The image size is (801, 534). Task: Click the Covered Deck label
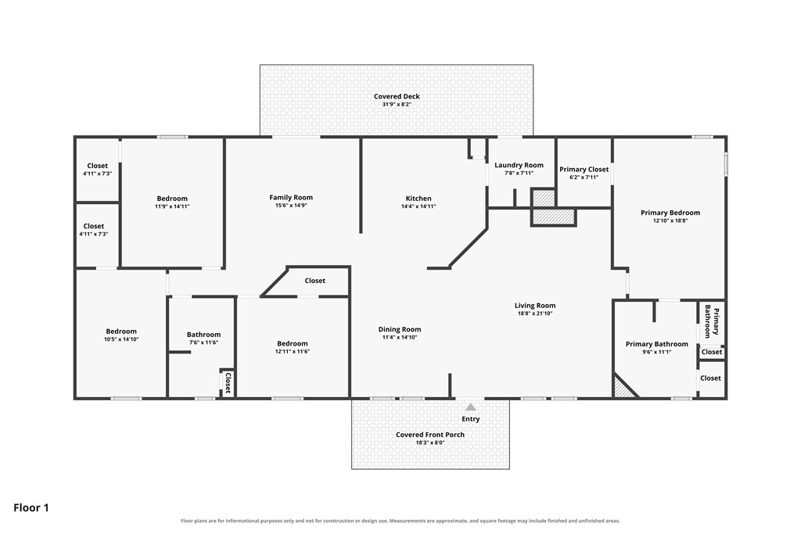397,96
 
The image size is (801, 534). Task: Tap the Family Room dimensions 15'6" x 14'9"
291,205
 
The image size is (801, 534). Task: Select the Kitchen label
418,198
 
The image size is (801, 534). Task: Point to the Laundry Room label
519,165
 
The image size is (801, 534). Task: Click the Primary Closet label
584,169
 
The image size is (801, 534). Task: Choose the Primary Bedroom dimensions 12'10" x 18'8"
670,220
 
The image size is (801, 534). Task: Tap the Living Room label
535,305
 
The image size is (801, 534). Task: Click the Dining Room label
400,329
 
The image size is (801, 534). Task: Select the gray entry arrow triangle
470,407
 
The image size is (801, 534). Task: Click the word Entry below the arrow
470,418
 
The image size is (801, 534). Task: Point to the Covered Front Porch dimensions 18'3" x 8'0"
430,443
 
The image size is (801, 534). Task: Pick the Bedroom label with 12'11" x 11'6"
293,343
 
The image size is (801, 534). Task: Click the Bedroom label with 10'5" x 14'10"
121,332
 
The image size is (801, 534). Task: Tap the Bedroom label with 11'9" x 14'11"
172,199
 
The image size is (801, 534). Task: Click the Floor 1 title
31,507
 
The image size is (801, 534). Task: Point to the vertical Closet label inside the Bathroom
228,383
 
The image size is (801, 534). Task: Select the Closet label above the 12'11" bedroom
314,280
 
